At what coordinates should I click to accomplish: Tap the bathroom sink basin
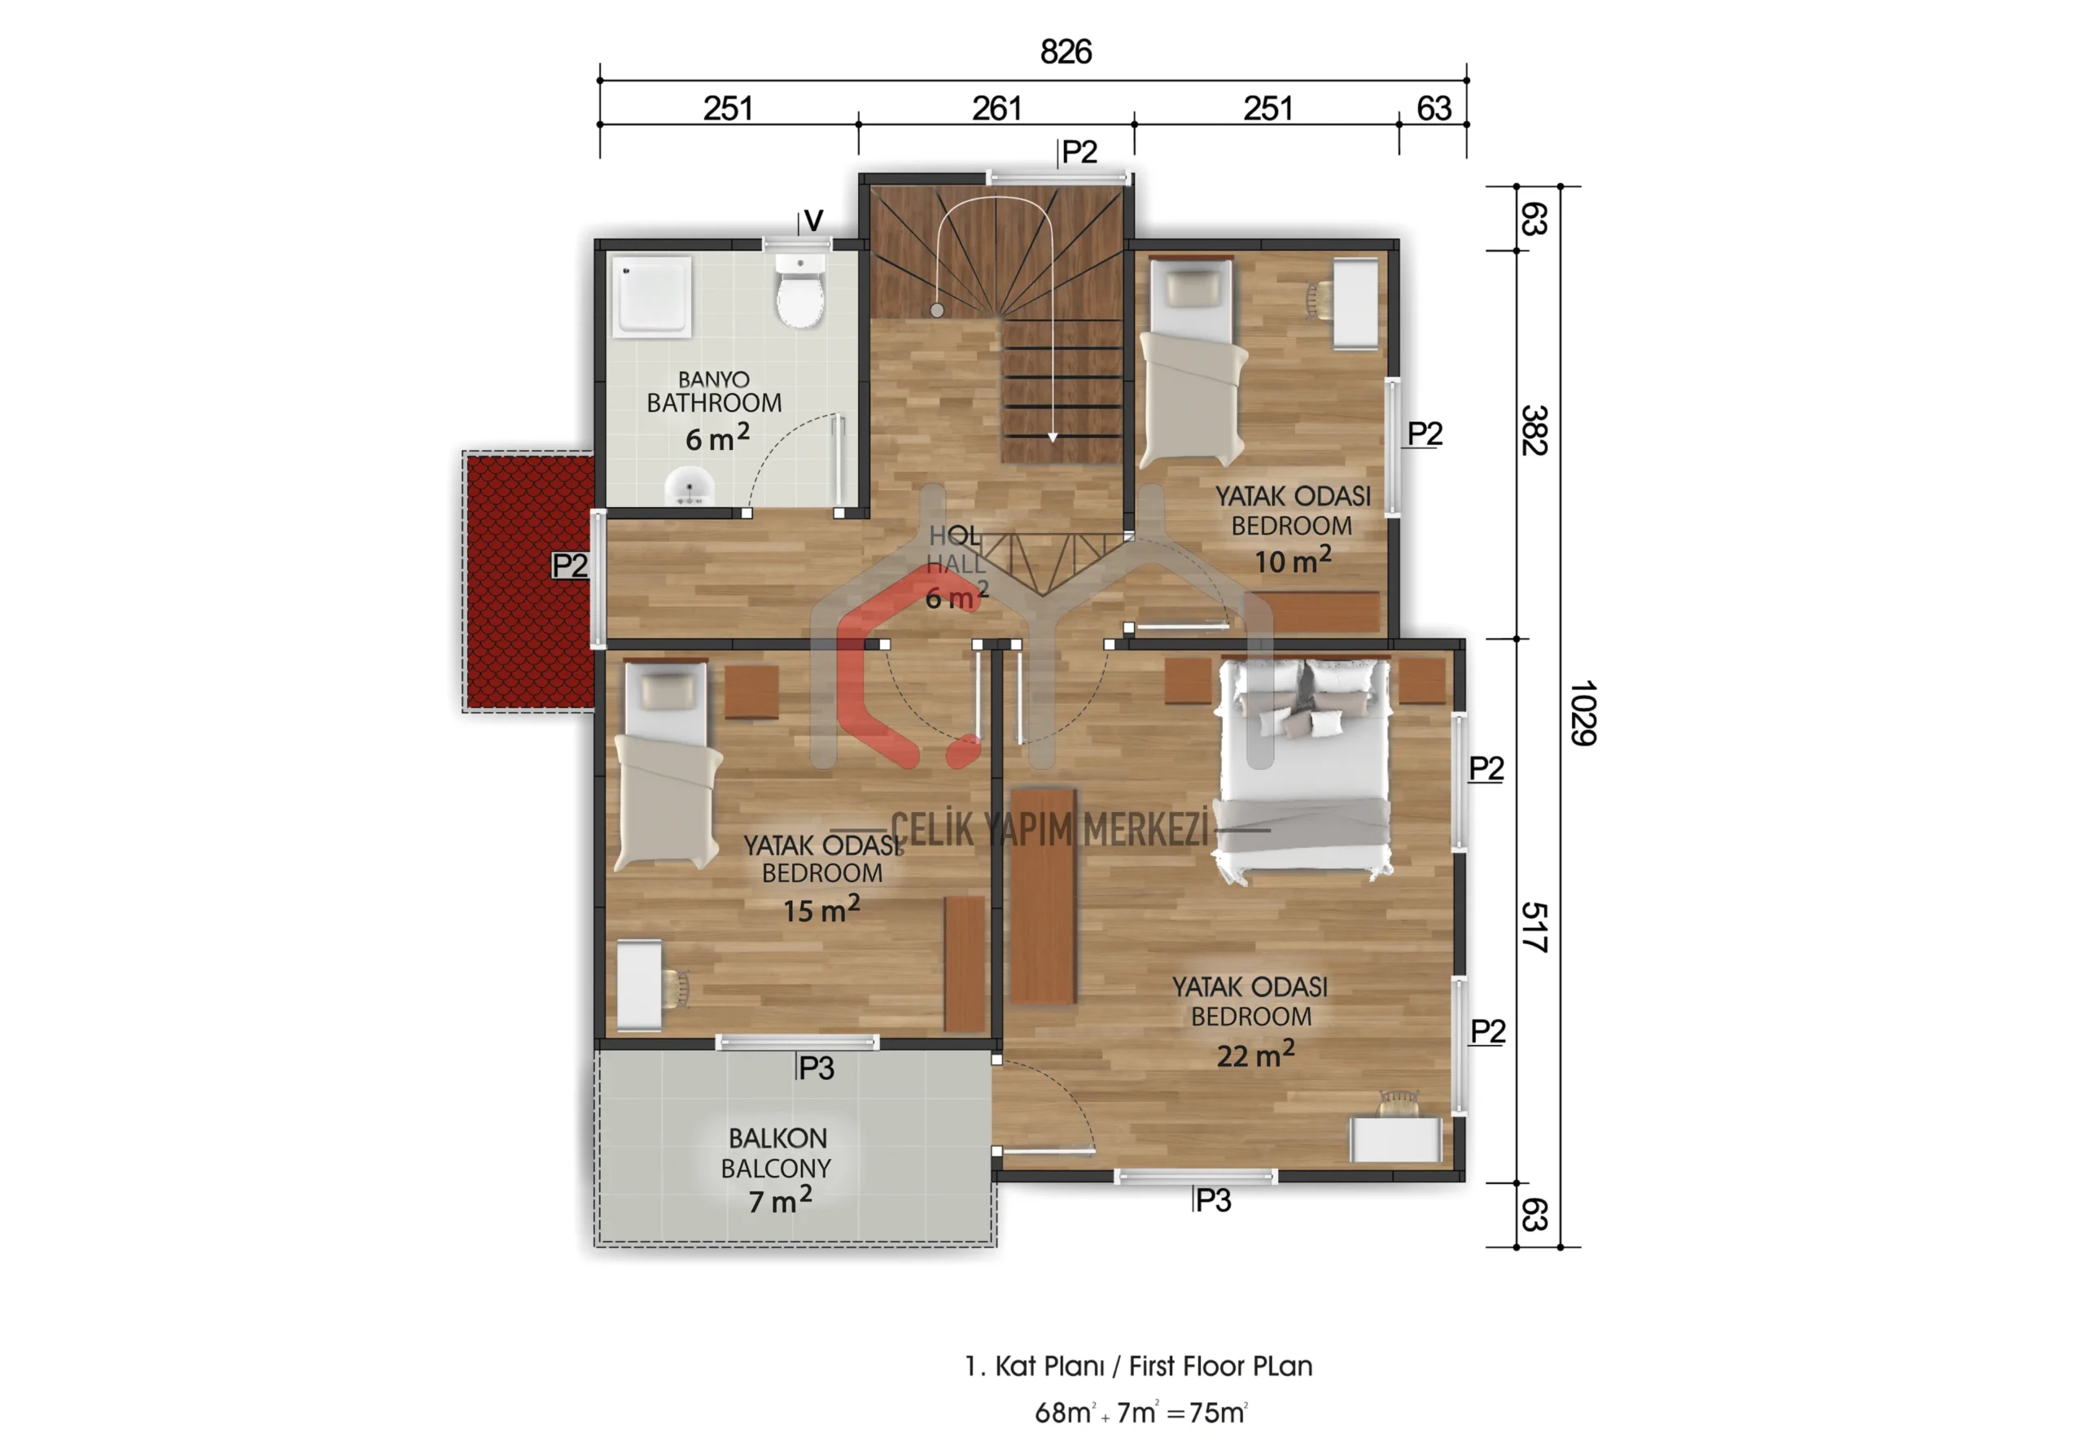click(x=690, y=488)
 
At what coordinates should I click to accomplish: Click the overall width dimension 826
click(x=1066, y=51)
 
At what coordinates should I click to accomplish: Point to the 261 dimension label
click(x=996, y=108)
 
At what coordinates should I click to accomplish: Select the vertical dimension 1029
click(x=1583, y=713)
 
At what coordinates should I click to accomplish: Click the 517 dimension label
click(x=1535, y=927)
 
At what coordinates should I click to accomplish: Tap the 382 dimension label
click(x=1535, y=430)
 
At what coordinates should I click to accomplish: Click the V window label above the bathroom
click(x=813, y=221)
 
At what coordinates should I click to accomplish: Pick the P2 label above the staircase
click(x=1079, y=152)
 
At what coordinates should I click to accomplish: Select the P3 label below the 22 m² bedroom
click(x=1213, y=1201)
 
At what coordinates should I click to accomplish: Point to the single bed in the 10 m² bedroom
click(x=1193, y=361)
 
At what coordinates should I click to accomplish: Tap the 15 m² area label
click(x=821, y=909)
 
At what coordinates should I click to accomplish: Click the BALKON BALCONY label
click(x=777, y=1153)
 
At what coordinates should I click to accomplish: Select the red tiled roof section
click(x=528, y=581)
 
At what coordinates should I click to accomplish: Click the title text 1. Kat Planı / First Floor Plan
click(x=1139, y=1366)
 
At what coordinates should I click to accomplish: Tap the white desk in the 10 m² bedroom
click(x=1355, y=303)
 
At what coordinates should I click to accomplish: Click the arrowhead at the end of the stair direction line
click(x=1053, y=437)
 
